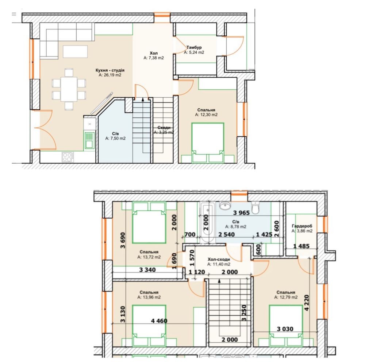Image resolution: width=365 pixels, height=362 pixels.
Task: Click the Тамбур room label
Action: tap(194, 47)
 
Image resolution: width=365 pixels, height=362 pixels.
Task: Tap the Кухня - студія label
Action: tap(110, 70)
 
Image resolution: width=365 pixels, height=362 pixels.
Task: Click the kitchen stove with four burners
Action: tap(68, 157)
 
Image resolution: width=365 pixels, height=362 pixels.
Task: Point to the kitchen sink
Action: tap(89, 140)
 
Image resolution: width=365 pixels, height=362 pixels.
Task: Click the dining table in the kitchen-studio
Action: tap(69, 89)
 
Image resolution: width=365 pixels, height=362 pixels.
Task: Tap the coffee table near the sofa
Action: tap(75, 51)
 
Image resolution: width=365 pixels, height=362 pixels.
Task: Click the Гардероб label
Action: tap(302, 226)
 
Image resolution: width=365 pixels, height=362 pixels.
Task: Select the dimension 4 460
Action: tap(159, 321)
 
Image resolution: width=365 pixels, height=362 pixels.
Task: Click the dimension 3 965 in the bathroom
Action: tap(241, 213)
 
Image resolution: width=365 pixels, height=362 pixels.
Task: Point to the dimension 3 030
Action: tap(285, 329)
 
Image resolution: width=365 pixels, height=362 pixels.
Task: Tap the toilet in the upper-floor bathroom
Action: tap(255, 208)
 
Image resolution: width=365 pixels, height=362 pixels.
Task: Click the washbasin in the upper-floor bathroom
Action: tap(225, 206)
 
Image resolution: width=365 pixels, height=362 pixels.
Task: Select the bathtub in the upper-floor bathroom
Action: tap(208, 222)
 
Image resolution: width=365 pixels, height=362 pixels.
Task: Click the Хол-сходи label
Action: tap(219, 259)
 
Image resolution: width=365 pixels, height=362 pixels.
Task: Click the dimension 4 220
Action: tap(307, 303)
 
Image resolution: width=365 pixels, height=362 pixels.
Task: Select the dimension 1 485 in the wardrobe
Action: tap(301, 246)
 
